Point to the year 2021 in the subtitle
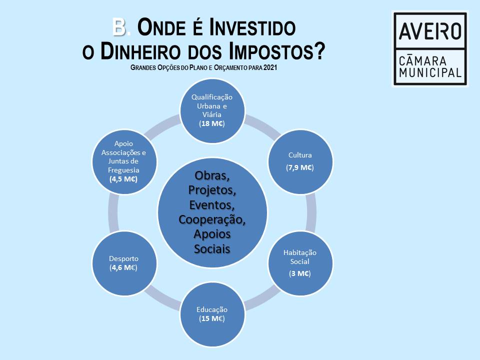(x=270, y=66)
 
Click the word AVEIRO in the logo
(x=430, y=31)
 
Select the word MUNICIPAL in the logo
(x=430, y=72)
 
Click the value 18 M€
(x=212, y=123)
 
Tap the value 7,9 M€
(x=300, y=167)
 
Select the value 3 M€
(x=300, y=273)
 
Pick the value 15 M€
(x=212, y=318)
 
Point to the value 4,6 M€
(x=123, y=267)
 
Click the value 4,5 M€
(x=123, y=179)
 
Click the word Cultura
(x=300, y=155)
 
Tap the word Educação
(x=212, y=309)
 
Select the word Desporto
(x=123, y=258)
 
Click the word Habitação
(x=300, y=252)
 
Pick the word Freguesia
(x=123, y=169)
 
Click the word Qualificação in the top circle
(x=212, y=97)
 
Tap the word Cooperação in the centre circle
(x=212, y=219)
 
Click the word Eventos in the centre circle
(x=212, y=205)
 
